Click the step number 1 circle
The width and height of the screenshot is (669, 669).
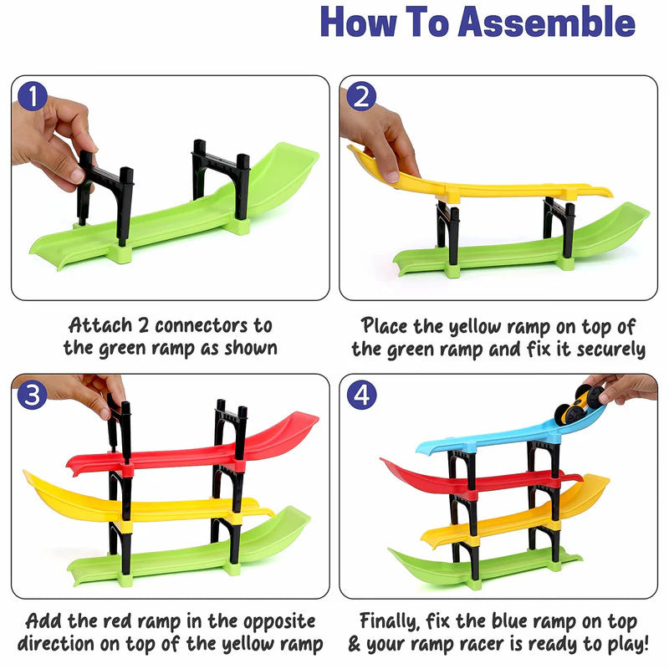click(32, 96)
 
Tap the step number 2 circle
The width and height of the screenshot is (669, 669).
click(360, 96)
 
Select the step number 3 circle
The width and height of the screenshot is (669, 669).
click(32, 395)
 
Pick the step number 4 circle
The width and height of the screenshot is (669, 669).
click(360, 395)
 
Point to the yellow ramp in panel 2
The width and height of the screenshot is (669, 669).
click(485, 189)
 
